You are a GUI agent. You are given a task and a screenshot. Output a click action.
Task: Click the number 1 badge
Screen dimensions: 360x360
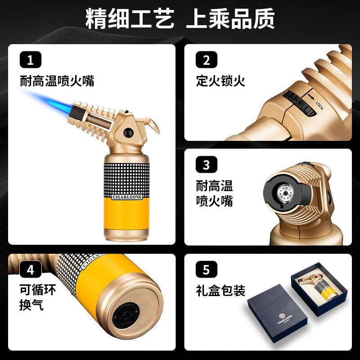coord(31,60)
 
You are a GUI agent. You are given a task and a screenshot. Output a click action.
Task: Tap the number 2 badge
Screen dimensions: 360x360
coord(207,60)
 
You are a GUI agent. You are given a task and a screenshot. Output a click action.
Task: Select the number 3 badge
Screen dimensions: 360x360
coord(207,164)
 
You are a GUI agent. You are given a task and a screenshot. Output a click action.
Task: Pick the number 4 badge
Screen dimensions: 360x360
coord(31,269)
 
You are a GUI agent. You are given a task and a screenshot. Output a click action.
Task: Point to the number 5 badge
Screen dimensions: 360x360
coord(207,269)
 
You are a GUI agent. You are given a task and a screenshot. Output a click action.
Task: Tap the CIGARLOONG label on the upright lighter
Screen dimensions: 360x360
coord(127,197)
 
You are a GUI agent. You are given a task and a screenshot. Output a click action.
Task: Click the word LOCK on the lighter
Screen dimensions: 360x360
coord(319,106)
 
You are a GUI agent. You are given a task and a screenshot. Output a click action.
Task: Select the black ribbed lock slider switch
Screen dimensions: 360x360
coord(299,103)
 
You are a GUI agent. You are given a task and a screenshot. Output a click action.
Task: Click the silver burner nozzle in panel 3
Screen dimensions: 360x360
coord(285,193)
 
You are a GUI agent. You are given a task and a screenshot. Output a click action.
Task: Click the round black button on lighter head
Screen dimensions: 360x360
coord(128,132)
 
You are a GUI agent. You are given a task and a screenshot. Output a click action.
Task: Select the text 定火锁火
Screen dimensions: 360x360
coord(220,81)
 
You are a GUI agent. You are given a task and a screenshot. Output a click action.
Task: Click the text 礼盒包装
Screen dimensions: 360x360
coord(220,290)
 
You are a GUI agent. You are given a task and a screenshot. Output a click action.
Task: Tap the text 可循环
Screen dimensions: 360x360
coord(38,290)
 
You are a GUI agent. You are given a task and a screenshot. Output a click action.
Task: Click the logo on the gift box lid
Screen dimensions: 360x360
coord(284,318)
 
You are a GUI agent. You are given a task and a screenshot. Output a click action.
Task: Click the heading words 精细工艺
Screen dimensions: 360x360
coord(130,18)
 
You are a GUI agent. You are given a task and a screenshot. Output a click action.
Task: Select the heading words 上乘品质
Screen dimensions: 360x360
coord(230,18)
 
